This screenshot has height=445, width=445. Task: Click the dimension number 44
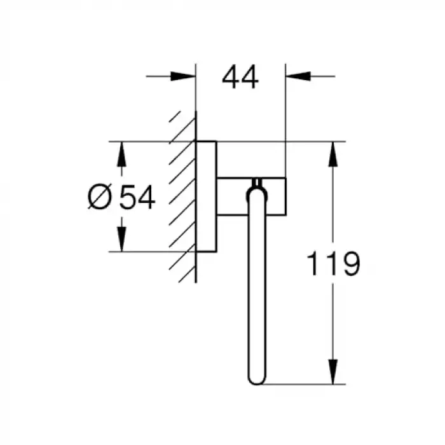(x=240, y=77)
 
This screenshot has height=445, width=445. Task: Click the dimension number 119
(x=334, y=264)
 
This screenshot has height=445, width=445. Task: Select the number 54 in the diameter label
(x=138, y=197)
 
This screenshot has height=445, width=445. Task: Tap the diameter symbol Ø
(x=100, y=196)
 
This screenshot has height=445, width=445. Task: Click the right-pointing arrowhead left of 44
(x=183, y=76)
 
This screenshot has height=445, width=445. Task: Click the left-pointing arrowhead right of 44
(x=298, y=76)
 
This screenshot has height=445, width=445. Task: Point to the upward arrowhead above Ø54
(x=122, y=154)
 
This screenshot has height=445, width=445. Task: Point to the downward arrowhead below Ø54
(x=122, y=239)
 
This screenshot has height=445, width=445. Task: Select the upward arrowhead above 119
(x=333, y=154)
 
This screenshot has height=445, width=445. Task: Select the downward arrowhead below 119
(x=333, y=372)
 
